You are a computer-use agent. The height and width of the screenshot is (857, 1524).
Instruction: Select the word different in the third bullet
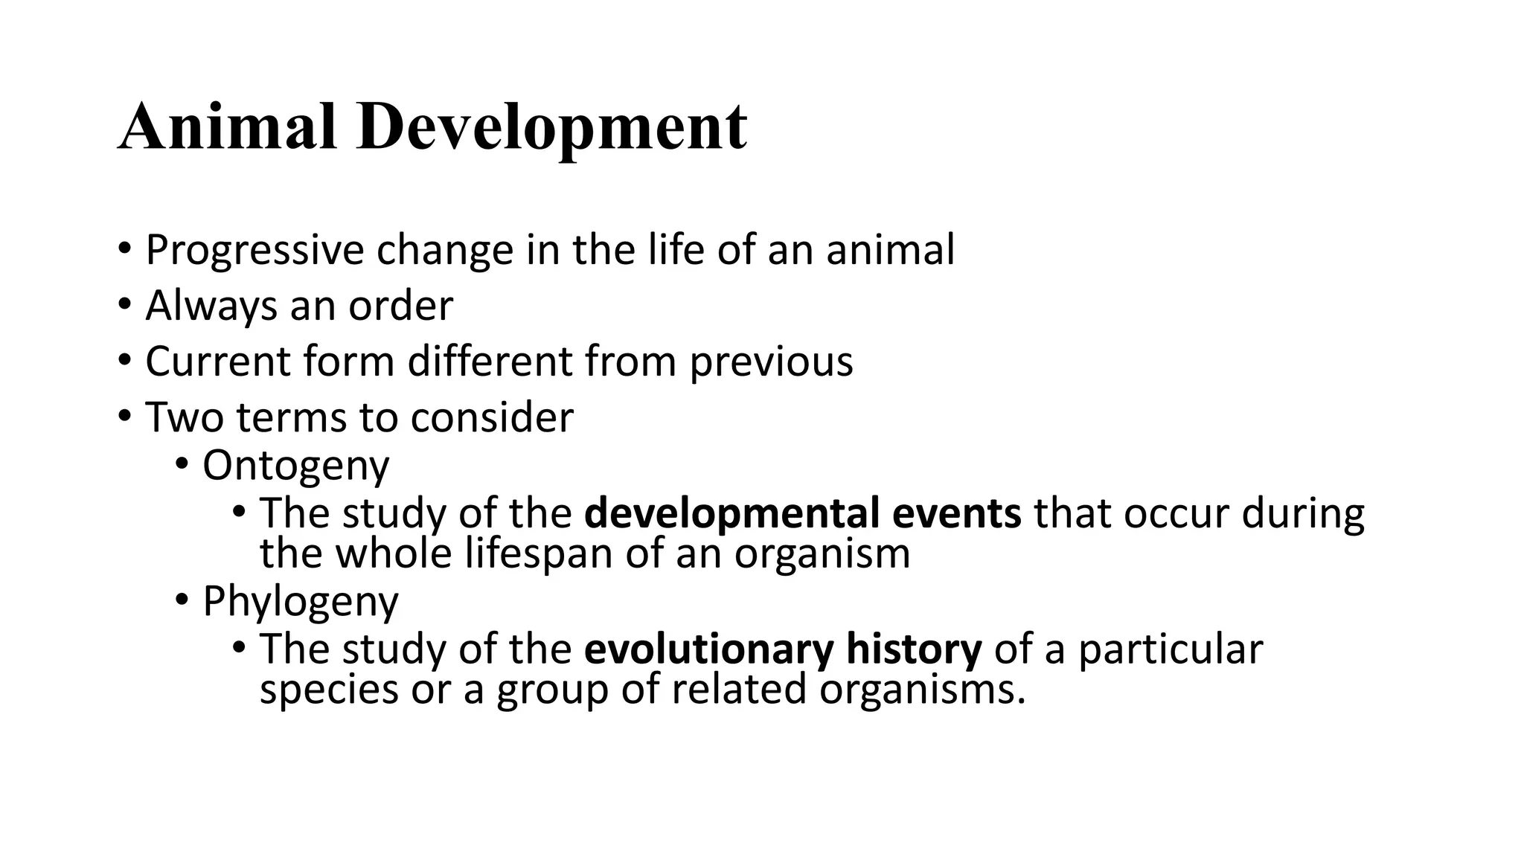pos(489,362)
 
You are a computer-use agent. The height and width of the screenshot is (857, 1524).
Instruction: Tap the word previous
pos(771,363)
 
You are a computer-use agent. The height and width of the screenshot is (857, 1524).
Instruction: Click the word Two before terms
pos(184,417)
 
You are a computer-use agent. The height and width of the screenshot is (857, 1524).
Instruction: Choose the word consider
pos(492,417)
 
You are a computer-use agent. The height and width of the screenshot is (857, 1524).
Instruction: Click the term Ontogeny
pos(295,466)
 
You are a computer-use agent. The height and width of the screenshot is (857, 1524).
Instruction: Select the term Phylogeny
pos(301,602)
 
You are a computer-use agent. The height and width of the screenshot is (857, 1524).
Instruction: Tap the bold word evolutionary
pos(709,649)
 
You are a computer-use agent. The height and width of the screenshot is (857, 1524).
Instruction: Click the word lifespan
pos(542,553)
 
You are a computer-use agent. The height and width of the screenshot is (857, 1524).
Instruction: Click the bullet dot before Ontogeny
pos(182,465)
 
